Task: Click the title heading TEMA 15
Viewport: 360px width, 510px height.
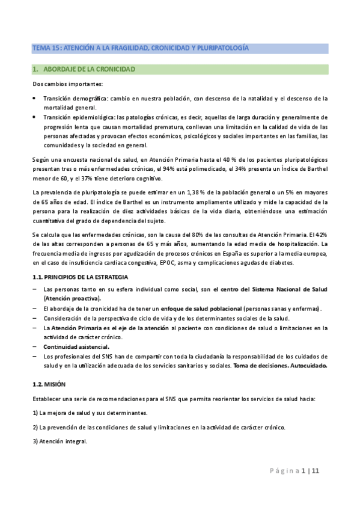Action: (140, 48)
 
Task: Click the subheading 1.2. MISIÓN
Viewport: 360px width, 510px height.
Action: (50, 383)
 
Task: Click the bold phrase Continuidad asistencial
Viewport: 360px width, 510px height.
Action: (76, 347)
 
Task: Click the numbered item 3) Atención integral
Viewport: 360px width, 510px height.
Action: (59, 441)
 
